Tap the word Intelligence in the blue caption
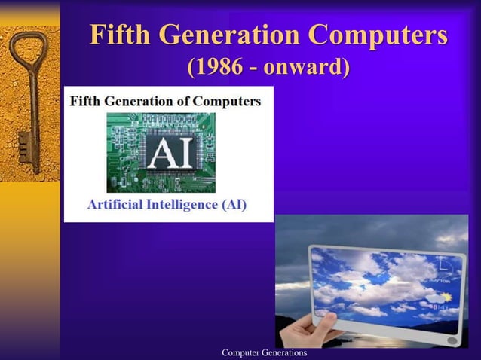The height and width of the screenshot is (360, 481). click(x=185, y=204)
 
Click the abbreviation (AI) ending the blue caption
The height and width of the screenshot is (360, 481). click(x=233, y=204)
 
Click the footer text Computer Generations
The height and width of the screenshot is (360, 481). click(x=259, y=353)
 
